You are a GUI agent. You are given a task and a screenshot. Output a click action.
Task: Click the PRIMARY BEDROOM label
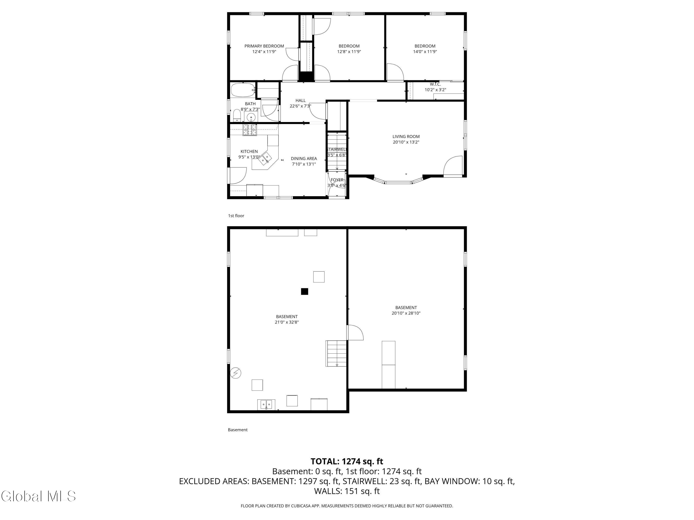[264, 46]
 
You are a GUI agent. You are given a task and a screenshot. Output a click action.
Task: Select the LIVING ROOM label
[406, 137]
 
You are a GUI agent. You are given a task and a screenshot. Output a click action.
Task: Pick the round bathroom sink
[251, 117]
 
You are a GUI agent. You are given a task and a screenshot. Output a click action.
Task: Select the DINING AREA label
[304, 159]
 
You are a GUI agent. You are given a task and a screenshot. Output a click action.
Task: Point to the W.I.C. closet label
[435, 84]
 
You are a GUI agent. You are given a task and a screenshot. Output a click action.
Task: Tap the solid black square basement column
[304, 291]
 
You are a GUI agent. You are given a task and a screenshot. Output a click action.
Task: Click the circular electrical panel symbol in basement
[236, 373]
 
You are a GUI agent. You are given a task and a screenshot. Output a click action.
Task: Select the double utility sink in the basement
[266, 405]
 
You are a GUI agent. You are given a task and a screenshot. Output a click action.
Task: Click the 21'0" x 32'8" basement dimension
[287, 322]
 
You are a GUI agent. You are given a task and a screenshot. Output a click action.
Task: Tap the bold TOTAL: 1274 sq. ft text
[347, 461]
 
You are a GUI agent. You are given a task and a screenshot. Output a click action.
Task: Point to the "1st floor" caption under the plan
[236, 216]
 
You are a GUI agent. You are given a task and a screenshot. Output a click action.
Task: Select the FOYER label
[337, 180]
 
